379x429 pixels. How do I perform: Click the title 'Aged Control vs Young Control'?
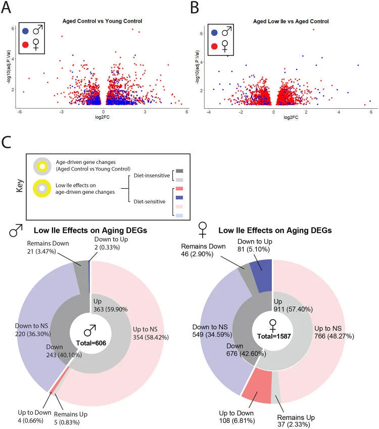[x=102, y=21]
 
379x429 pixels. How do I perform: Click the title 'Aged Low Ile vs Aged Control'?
[x=291, y=21]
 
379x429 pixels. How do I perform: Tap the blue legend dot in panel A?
[x=25, y=31]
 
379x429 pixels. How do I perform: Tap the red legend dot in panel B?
[x=214, y=46]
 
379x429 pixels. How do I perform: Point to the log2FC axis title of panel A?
[x=102, y=117]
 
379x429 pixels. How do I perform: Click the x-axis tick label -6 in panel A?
[x=19, y=112]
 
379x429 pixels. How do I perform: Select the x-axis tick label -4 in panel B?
[x=209, y=112]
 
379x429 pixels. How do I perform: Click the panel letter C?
[x=6, y=142]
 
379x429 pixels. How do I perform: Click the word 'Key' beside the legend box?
[x=20, y=186]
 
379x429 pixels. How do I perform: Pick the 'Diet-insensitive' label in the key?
[x=152, y=176]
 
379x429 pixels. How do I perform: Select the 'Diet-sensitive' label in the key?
[x=150, y=202]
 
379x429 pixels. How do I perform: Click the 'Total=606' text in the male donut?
[x=91, y=343]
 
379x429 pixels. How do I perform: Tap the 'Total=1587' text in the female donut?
[x=274, y=336]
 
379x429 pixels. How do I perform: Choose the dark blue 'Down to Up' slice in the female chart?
[x=261, y=275]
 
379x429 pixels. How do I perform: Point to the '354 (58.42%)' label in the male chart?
[x=151, y=337]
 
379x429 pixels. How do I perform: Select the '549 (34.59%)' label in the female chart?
[x=212, y=334]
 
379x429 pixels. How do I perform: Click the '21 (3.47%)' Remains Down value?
[x=41, y=251]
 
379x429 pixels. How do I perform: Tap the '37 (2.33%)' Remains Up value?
[x=294, y=424]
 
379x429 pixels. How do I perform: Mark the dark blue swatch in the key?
[x=179, y=197]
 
